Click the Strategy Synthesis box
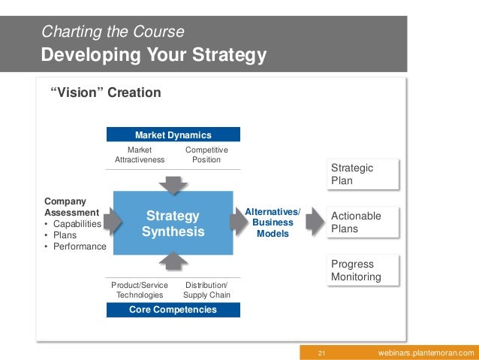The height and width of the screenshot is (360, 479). click(x=173, y=223)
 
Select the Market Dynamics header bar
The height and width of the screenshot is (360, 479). click(x=173, y=135)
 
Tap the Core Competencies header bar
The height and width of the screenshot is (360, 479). click(x=173, y=309)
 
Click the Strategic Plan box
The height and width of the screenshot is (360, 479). click(x=363, y=174)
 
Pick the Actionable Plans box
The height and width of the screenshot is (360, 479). click(x=363, y=222)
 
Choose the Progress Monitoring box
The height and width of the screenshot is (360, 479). click(x=363, y=271)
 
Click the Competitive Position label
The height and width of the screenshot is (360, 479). click(x=206, y=155)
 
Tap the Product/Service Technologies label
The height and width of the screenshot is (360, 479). click(x=140, y=290)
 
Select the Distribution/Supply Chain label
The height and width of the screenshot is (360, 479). click(x=206, y=290)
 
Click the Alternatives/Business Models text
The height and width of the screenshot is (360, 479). click(x=273, y=223)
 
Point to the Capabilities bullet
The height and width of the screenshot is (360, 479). click(x=75, y=223)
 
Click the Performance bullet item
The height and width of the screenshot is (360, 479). click(x=78, y=246)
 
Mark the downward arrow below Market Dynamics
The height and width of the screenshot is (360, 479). click(x=173, y=183)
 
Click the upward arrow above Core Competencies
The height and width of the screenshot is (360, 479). click(x=173, y=261)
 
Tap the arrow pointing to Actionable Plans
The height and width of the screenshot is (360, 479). click(x=315, y=222)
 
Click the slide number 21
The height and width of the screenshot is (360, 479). click(x=321, y=353)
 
